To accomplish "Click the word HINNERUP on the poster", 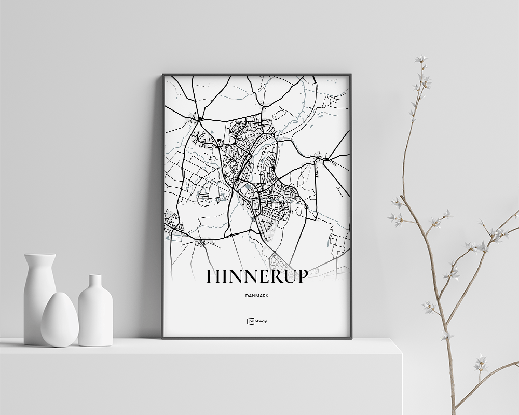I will coord(257,276).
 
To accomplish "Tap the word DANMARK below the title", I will coord(257,296).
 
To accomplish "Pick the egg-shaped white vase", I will coord(60,321).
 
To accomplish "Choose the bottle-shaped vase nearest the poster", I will coord(95,314).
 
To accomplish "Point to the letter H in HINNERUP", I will coord(213,276).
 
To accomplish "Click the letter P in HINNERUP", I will coord(301,276).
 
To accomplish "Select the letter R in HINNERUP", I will coord(272,276).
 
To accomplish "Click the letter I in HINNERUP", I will coord(225,276).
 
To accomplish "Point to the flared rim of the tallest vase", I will coord(40,255).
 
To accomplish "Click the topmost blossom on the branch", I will coord(421,59).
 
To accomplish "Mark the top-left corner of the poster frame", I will coord(163,75).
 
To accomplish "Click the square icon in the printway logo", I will coord(249,321).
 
